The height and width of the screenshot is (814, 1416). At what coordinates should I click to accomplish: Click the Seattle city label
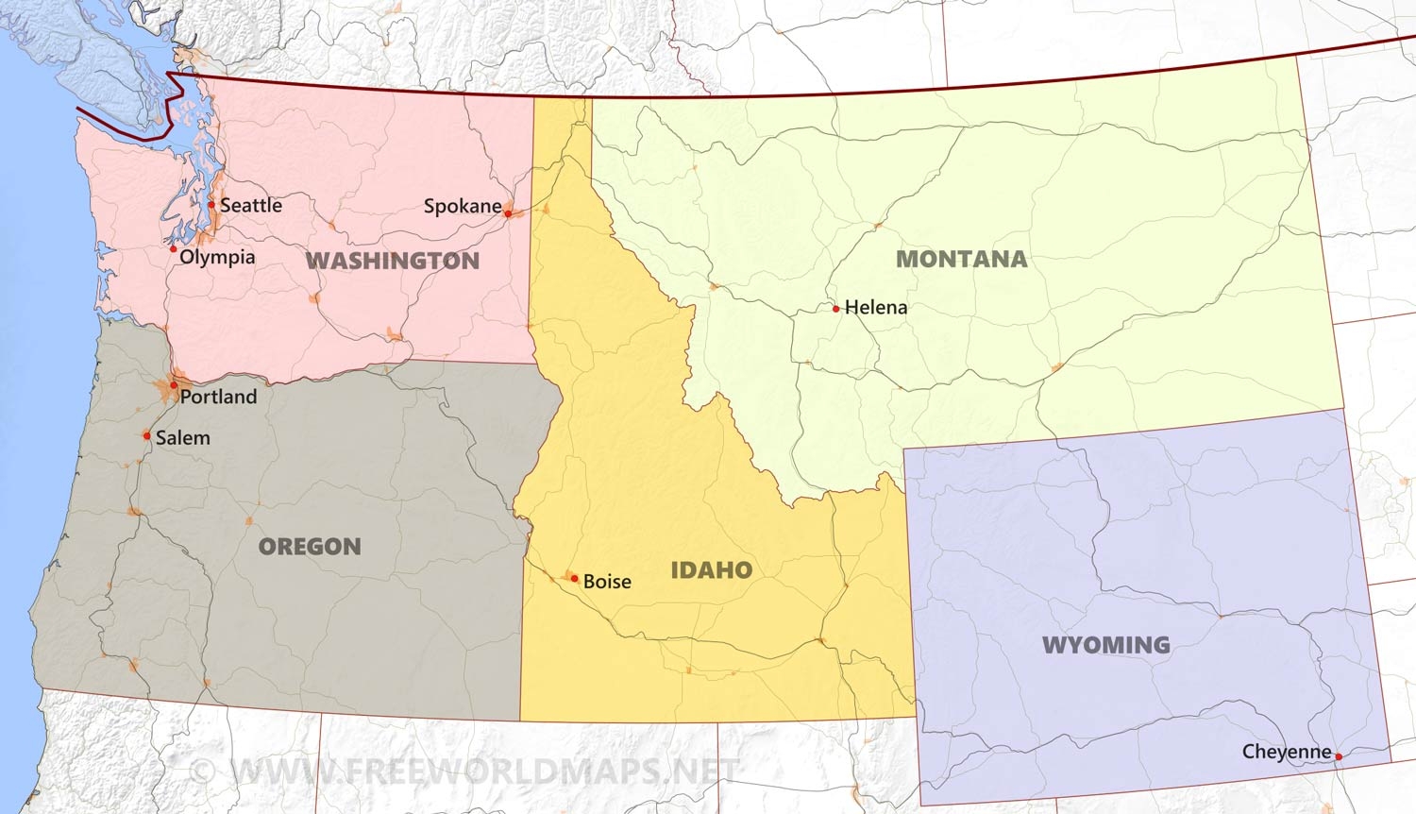(x=251, y=205)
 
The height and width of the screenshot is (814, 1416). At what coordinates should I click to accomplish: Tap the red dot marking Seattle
(x=211, y=204)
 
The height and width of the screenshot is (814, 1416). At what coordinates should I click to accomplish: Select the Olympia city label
(x=217, y=257)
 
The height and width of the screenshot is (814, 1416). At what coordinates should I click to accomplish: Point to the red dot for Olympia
(x=174, y=249)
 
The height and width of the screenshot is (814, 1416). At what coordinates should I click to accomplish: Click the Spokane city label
(x=463, y=206)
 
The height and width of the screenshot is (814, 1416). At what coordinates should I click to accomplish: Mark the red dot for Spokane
(x=508, y=214)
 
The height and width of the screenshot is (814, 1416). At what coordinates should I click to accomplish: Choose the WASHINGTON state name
(x=393, y=261)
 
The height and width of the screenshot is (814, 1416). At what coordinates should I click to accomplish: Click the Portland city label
(x=218, y=397)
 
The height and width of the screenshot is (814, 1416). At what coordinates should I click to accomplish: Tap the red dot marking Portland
(x=174, y=385)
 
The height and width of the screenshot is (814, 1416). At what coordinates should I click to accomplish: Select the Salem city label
(x=183, y=437)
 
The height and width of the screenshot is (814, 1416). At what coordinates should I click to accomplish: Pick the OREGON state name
(x=310, y=547)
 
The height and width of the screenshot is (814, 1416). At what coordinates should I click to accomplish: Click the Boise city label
(x=607, y=582)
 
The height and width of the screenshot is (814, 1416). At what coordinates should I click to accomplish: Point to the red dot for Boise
(x=574, y=578)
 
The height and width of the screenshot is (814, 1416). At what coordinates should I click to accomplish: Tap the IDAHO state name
(x=712, y=569)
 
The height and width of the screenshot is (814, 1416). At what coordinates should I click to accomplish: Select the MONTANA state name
(x=961, y=259)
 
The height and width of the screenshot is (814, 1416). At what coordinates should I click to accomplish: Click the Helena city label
(x=876, y=307)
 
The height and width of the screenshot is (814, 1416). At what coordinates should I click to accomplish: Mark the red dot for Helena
(x=835, y=309)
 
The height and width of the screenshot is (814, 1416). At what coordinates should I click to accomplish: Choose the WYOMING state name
(x=1106, y=645)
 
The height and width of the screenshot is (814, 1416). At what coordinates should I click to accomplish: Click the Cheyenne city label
(x=1287, y=752)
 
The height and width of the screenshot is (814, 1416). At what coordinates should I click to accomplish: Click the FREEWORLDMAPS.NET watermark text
(x=481, y=771)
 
